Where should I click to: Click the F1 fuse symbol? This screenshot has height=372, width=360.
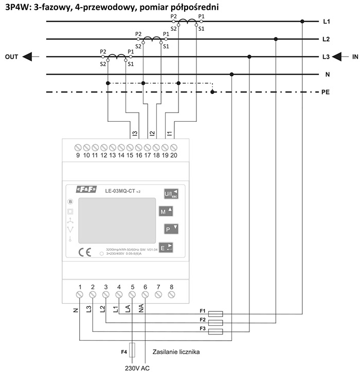[x=215, y=312]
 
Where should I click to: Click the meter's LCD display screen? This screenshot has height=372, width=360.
[x=117, y=220]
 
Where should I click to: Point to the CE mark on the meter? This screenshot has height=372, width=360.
[x=83, y=252]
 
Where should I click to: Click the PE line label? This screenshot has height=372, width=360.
[x=326, y=92]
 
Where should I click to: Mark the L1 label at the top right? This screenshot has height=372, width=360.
[x=326, y=22]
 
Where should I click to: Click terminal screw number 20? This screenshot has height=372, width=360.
[x=173, y=148]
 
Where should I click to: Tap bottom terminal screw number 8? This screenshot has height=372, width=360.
[x=171, y=294]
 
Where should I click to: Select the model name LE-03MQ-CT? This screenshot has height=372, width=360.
[x=123, y=191]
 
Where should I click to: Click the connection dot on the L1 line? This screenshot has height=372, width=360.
[x=302, y=22]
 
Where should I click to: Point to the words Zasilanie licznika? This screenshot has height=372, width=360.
[x=176, y=352]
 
